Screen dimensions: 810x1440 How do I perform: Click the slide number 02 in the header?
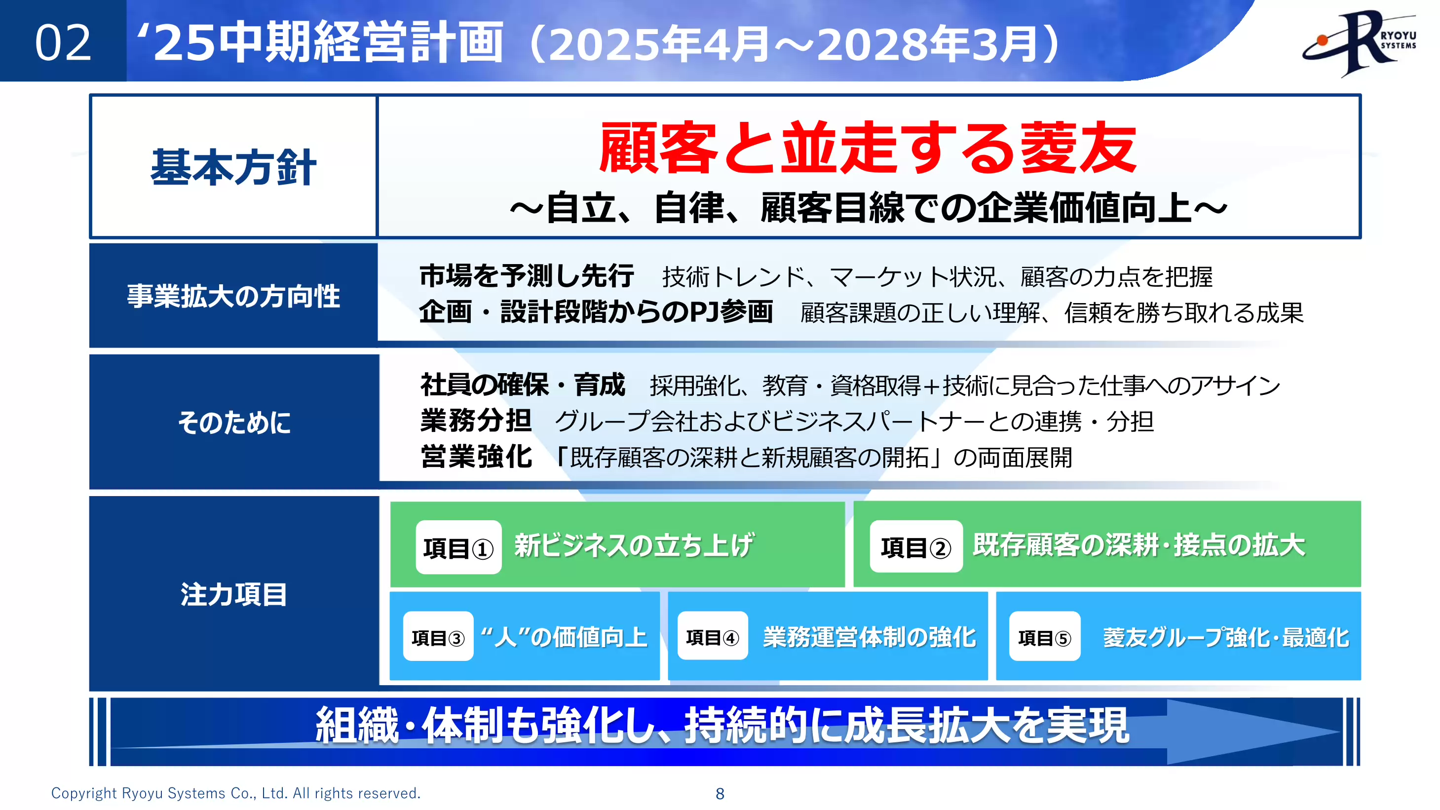click(63, 43)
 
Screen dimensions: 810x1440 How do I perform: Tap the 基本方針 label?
click(233, 167)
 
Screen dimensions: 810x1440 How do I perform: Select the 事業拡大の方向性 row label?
click(233, 296)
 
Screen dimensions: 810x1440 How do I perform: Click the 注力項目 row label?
click(233, 594)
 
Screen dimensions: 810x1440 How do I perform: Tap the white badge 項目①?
click(458, 548)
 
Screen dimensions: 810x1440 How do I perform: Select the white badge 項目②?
click(915, 547)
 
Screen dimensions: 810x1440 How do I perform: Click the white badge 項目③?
click(438, 637)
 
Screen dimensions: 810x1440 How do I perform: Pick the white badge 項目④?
click(712, 637)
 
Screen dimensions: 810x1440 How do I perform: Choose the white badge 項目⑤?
click(1044, 637)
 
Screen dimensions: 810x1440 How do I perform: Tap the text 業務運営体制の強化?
click(869, 637)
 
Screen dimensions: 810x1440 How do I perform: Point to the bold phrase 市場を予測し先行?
click(527, 276)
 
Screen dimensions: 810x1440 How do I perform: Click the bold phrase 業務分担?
click(476, 421)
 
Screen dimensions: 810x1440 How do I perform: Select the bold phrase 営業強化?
click(476, 457)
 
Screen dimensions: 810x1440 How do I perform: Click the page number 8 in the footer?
click(720, 793)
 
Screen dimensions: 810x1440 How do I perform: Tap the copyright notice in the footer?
click(235, 793)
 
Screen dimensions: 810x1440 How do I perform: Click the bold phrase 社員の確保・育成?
click(523, 385)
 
